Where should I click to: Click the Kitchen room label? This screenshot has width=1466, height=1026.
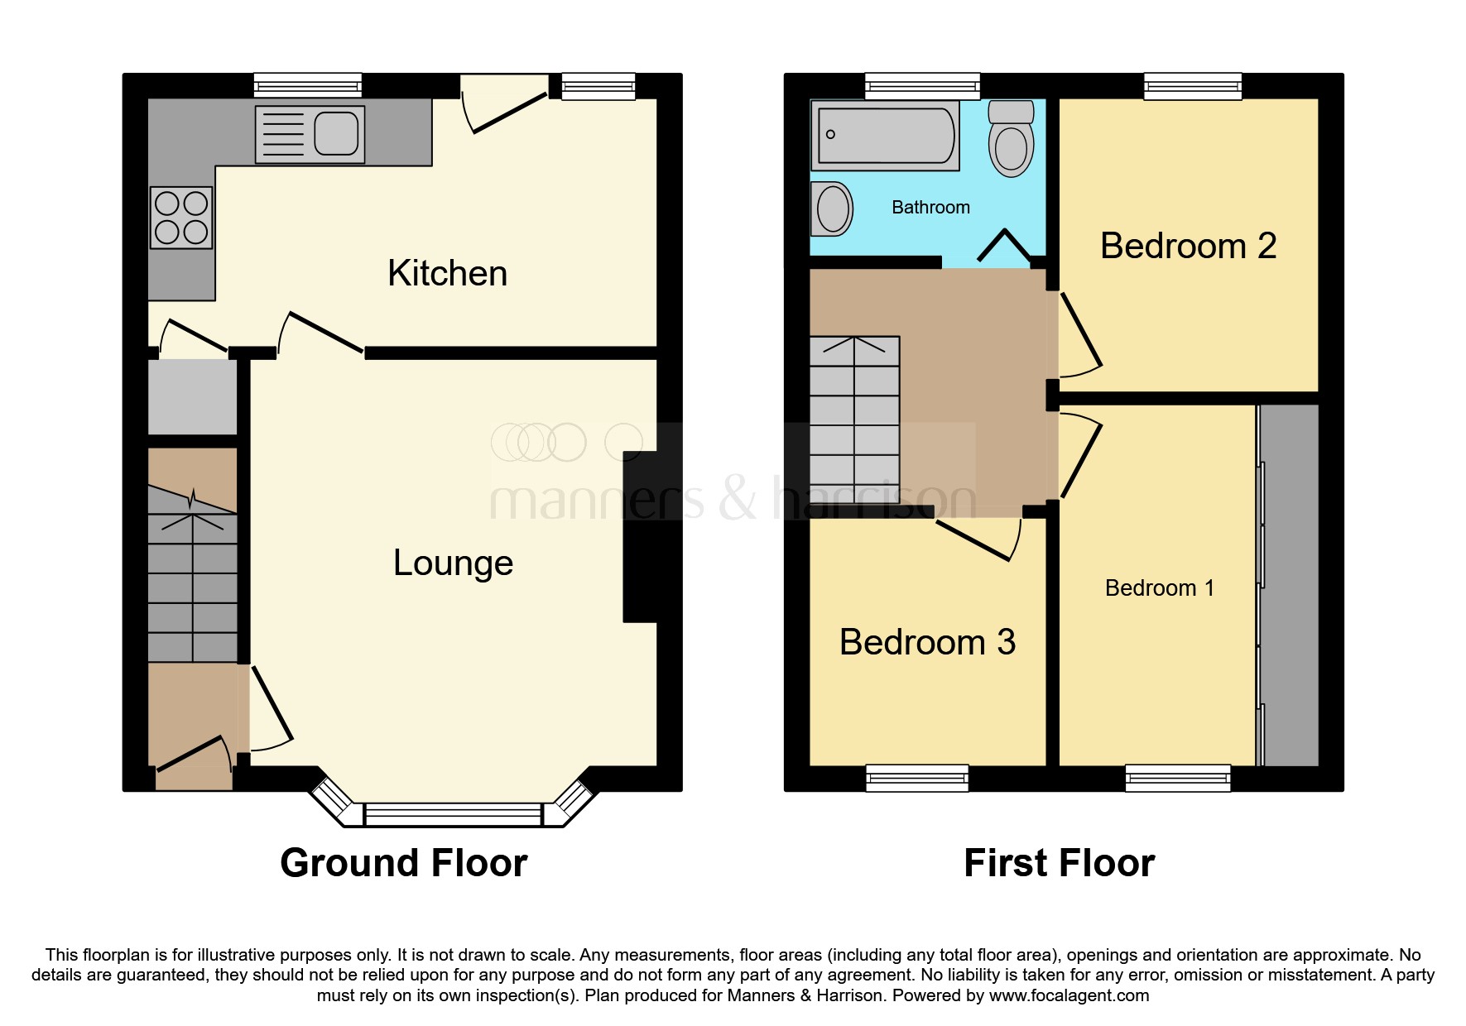tap(447, 274)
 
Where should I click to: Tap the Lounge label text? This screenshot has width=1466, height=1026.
tap(453, 563)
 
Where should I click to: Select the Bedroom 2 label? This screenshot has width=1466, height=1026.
tap(1188, 247)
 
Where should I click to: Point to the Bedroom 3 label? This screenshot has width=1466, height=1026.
tap(927, 643)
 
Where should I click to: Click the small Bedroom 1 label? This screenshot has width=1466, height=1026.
tap(1159, 588)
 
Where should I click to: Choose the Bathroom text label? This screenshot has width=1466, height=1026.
tap(930, 208)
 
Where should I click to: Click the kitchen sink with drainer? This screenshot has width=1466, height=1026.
tap(310, 134)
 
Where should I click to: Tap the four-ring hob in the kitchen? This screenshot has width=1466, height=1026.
tap(181, 218)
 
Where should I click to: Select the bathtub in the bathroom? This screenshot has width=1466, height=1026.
tap(885, 135)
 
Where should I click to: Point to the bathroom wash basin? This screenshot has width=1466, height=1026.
tap(832, 209)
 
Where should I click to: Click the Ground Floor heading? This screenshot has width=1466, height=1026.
tap(403, 863)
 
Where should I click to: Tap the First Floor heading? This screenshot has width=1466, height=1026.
tap(1059, 863)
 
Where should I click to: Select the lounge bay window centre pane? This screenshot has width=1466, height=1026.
tap(452, 814)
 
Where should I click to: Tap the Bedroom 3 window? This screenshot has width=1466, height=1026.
tap(917, 777)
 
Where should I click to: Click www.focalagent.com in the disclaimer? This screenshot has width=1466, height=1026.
tap(1069, 995)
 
